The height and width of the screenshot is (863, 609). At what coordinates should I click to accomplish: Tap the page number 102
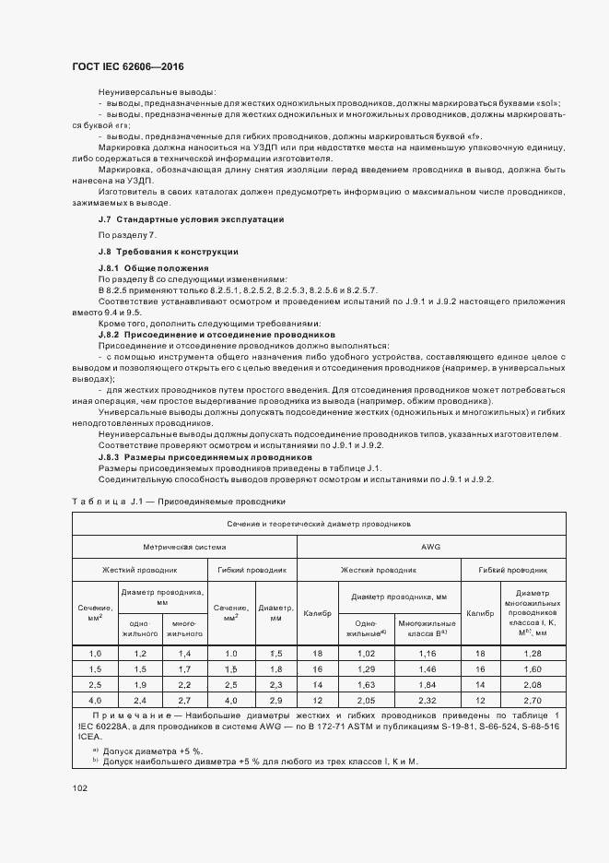pos(79,787)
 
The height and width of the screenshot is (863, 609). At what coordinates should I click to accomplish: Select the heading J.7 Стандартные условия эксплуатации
pos(191,219)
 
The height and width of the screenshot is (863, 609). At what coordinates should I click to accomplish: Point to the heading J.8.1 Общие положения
pos(153,267)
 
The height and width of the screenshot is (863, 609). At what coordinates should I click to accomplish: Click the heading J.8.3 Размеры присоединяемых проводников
pos(205,457)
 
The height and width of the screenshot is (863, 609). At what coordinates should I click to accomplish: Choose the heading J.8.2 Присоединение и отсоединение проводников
pos(216,335)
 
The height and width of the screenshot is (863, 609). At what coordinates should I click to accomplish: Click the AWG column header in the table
pos(430,547)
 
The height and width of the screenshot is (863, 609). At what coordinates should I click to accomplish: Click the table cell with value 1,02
pos(367,653)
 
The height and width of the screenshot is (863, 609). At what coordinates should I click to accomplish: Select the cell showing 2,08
pos(533,685)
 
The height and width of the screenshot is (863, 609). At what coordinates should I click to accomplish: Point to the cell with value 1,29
pos(367,668)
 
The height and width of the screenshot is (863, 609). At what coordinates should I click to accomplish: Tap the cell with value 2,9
pos(275,701)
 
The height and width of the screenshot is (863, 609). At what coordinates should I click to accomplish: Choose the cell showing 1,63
pos(367,685)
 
